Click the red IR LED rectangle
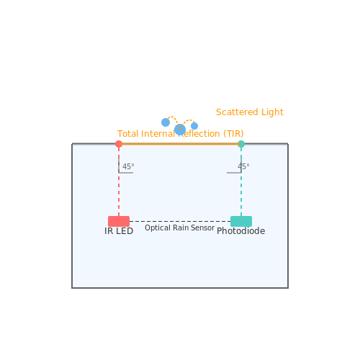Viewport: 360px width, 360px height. pyautogui.click(x=119, y=221)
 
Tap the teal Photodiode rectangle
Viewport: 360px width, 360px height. pyautogui.click(x=241, y=221)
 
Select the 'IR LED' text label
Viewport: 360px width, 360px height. pyautogui.click(x=119, y=231)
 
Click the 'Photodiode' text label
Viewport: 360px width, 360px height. pyautogui.click(x=241, y=231)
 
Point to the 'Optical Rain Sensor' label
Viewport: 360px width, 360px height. pyautogui.click(x=179, y=228)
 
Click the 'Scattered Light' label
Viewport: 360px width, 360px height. pyautogui.click(x=250, y=112)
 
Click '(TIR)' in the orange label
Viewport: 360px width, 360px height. pyautogui.click(x=233, y=134)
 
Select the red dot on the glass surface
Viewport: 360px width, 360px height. pyautogui.click(x=119, y=144)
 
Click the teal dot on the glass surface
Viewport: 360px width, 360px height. pyautogui.click(x=241, y=144)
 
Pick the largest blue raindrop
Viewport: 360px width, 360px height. pyautogui.click(x=180, y=130)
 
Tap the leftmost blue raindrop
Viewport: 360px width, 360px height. pyautogui.click(x=166, y=122)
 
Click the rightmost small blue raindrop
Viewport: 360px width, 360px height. pyautogui.click(x=194, y=126)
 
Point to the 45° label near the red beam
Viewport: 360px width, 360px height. pyautogui.click(x=128, y=166)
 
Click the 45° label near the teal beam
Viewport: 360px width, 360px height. pyautogui.click(x=243, y=166)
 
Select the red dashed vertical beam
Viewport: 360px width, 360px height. pyautogui.click(x=119, y=181)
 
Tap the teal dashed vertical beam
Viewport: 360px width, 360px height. pyautogui.click(x=241, y=181)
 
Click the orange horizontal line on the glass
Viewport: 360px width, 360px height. pyautogui.click(x=180, y=144)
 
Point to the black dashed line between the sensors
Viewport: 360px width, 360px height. pyautogui.click(x=180, y=221)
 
